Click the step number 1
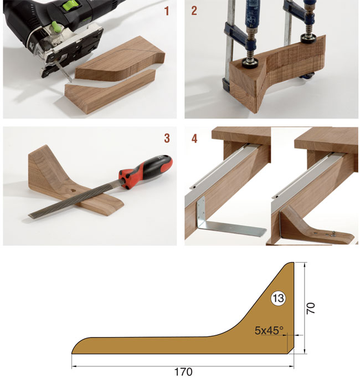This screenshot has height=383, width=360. click(167, 11)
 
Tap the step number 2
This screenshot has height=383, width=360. click(194, 11)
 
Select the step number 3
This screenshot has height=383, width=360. click(167, 139)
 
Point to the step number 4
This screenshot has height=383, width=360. click(194, 139)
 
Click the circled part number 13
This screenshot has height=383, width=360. click(278, 298)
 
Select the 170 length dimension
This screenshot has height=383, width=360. click(183, 372)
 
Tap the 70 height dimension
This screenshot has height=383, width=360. click(311, 308)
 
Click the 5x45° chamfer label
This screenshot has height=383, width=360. click(269, 330)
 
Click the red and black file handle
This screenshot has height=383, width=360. click(146, 172)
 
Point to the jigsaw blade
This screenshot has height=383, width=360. click(65, 72)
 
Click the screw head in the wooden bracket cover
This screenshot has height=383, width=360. click(333, 235)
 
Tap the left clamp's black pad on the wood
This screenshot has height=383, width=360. click(250, 64)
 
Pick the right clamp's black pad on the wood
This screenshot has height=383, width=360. click(308, 38)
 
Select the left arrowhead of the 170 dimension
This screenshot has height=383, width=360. click(74, 366)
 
